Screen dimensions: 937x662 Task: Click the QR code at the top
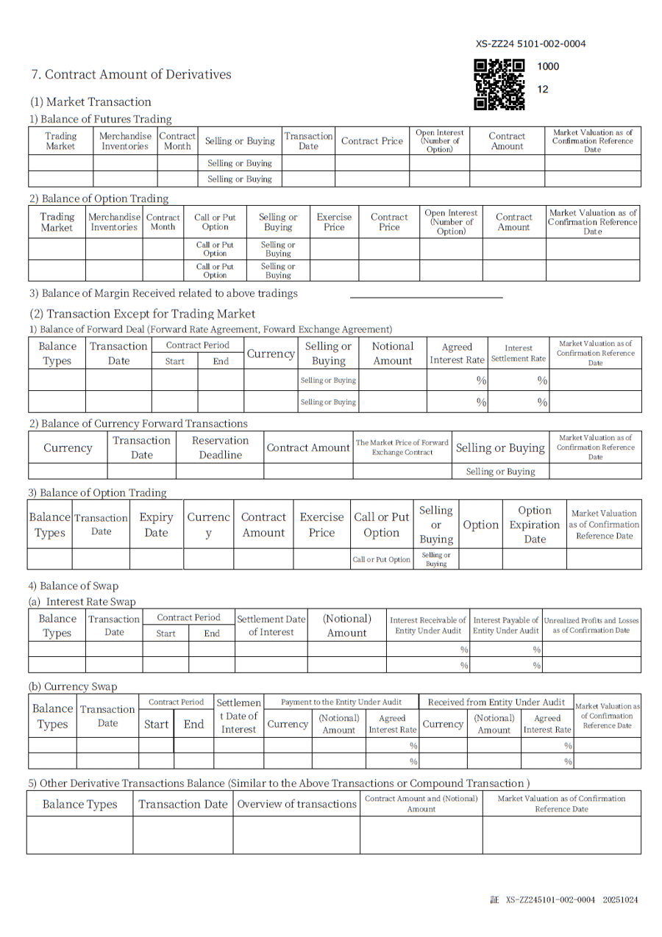pos(499,85)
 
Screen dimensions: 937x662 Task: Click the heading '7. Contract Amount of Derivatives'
pos(131,74)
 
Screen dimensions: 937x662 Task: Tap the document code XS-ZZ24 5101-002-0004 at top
pos(530,44)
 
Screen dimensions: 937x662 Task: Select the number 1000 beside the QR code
pos(548,66)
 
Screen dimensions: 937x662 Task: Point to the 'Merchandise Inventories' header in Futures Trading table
pos(125,140)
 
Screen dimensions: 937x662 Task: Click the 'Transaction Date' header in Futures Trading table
pos(308,140)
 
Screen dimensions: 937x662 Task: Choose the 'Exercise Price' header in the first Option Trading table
pos(334,222)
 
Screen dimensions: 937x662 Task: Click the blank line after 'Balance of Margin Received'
pos(426,297)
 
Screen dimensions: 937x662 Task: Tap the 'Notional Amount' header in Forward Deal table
pos(393,353)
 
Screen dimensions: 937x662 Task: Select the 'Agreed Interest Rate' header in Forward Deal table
pos(457,353)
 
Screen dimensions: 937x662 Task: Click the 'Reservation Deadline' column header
pos(220,448)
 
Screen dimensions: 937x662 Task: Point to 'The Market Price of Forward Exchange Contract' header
pos(402,447)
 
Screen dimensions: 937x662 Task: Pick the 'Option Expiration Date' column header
pos(535,524)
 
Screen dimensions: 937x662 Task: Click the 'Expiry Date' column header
pos(156,525)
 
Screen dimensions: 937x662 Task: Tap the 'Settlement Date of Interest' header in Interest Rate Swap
pos(271,625)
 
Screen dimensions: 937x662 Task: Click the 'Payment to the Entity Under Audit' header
pos(341,703)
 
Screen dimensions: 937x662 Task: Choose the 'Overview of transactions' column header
pos(296,804)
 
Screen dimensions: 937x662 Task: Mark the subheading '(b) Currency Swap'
pos(73,686)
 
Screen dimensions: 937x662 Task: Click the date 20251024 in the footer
pos(620,900)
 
